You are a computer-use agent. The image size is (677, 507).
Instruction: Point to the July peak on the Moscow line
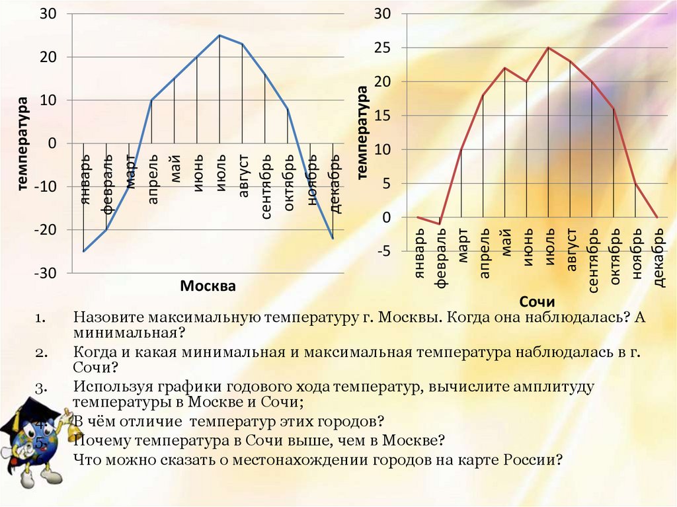click(x=219, y=35)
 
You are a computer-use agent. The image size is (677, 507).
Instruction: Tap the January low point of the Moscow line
click(x=83, y=251)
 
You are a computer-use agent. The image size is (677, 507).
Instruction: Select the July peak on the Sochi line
click(x=547, y=48)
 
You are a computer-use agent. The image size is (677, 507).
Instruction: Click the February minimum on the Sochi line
click(x=439, y=224)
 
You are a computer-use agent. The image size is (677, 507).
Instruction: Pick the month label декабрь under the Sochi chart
click(x=657, y=259)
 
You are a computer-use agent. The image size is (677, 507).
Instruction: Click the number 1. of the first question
click(x=41, y=318)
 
